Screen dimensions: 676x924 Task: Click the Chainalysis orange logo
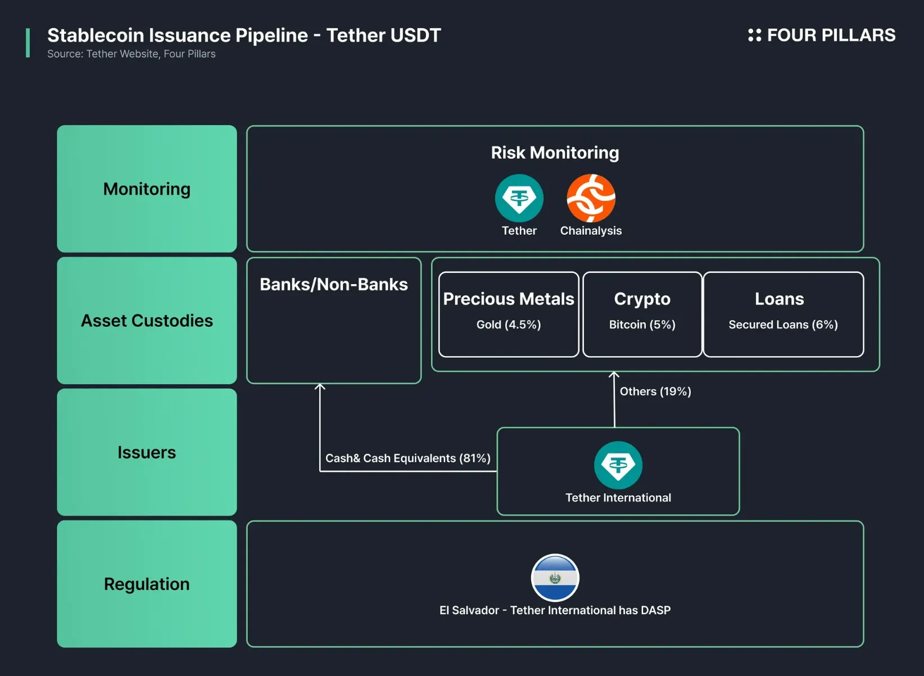click(591, 198)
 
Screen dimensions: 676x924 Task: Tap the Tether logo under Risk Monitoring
click(519, 198)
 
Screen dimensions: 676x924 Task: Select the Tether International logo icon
click(618, 465)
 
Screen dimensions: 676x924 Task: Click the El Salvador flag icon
click(555, 578)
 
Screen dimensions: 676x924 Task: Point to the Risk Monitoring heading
click(555, 153)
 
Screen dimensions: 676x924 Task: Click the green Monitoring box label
click(147, 189)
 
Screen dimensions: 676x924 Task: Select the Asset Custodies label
click(147, 321)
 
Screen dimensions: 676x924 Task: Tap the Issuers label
click(147, 453)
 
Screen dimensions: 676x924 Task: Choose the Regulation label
click(147, 584)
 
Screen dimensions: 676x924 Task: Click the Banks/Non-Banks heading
click(333, 285)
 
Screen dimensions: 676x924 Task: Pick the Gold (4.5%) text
click(508, 325)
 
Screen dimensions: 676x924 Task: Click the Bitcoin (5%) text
click(642, 325)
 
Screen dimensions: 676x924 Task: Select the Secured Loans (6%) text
click(783, 325)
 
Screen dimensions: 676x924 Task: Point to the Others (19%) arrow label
click(655, 391)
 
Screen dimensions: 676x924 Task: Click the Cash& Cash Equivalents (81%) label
click(407, 458)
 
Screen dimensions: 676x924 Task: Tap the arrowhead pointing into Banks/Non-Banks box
click(320, 387)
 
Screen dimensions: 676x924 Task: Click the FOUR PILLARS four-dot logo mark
click(754, 35)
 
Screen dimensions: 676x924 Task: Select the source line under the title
click(131, 54)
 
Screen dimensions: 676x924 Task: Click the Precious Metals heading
click(508, 299)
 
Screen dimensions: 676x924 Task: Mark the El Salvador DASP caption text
click(555, 610)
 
